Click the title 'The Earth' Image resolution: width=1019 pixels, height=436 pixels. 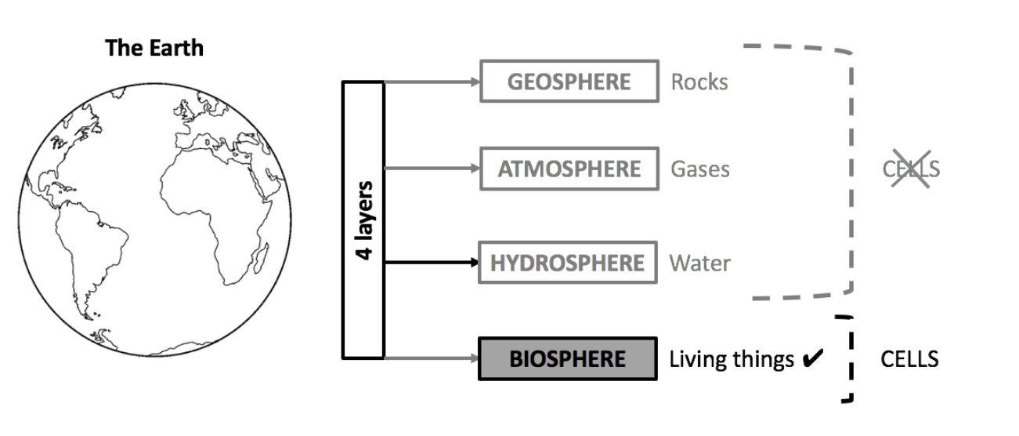tap(154, 48)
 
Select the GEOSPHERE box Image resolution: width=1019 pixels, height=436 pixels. tap(569, 82)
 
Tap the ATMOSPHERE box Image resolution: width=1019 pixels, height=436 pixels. tap(569, 169)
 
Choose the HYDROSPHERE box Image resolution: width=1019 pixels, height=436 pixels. tap(567, 262)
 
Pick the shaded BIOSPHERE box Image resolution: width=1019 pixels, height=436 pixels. tap(567, 359)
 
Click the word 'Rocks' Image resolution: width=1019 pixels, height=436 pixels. tap(699, 82)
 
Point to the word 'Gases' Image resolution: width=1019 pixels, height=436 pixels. tap(699, 169)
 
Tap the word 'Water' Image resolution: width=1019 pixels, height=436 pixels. tap(699, 263)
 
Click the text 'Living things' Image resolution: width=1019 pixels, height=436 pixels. tap(732, 359)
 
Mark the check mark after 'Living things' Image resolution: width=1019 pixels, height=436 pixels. tap(812, 359)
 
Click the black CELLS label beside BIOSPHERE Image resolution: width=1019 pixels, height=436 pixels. tap(909, 359)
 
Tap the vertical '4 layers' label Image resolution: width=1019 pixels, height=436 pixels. tap(363, 220)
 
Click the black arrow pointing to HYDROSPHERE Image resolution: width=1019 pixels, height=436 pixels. tap(431, 262)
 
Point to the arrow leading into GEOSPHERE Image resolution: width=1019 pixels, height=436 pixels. tap(431, 82)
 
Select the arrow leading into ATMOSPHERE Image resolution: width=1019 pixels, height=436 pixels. tap(431, 169)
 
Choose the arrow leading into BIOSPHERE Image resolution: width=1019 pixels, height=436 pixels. tap(431, 359)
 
